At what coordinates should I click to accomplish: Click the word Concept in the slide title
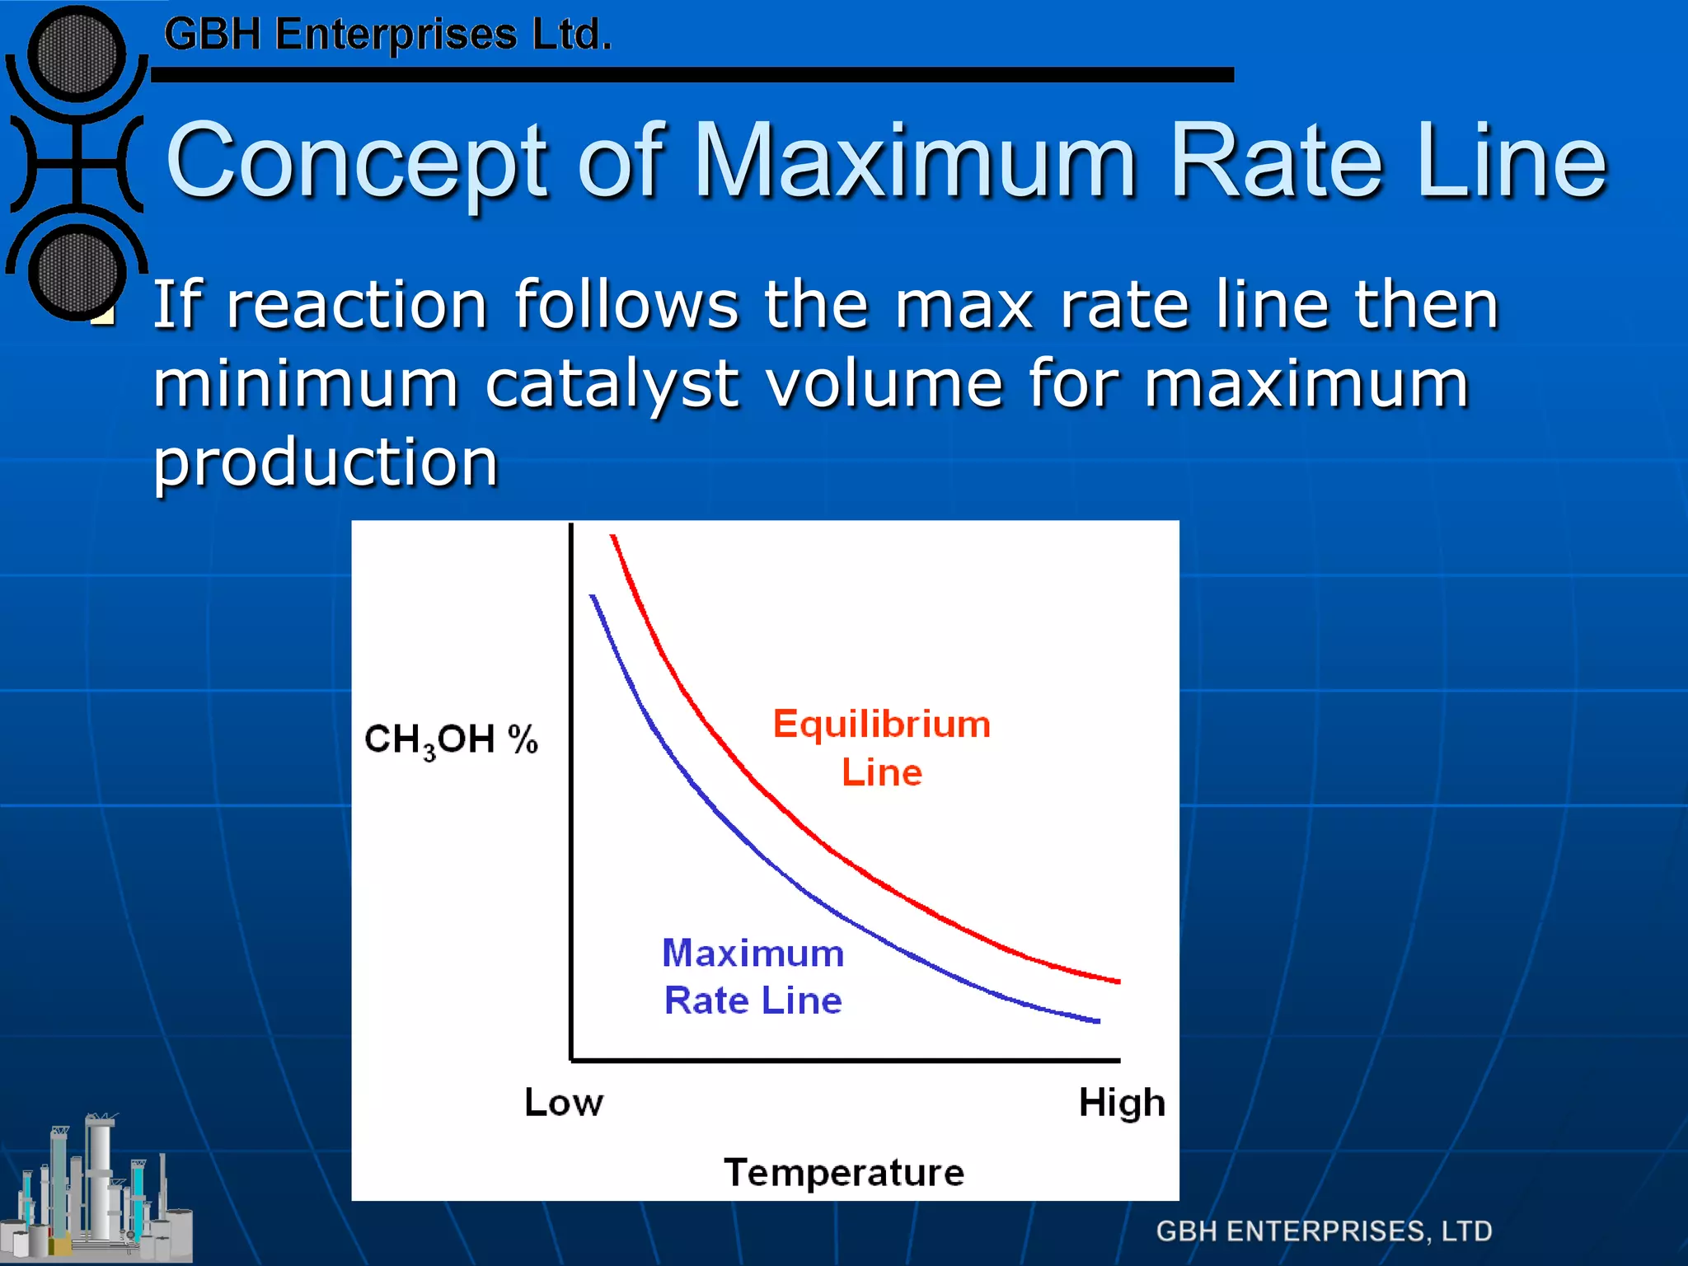356,161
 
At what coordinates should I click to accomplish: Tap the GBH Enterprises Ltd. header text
387,35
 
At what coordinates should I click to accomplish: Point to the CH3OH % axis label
451,739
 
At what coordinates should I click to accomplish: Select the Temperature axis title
844,1172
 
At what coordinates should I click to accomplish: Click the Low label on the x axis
564,1102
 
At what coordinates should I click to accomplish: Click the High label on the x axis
1122,1102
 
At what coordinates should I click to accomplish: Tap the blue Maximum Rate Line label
753,977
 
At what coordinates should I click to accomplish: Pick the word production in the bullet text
326,463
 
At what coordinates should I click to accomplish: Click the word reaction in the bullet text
356,305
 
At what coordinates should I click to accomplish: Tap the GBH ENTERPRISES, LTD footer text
1324,1231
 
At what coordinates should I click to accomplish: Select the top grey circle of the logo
77,56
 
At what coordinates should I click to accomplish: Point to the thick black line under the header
692,75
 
